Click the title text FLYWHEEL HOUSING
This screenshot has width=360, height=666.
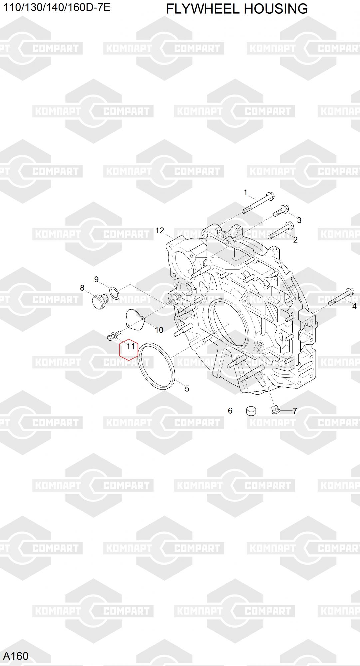(237, 9)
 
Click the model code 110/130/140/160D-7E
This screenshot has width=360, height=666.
(57, 7)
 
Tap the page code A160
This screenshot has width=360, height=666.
(16, 656)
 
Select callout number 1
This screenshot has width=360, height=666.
(245, 192)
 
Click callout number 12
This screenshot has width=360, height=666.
(160, 230)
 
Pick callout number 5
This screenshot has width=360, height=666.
(187, 388)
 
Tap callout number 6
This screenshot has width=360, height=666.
(230, 411)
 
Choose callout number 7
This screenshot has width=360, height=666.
(295, 411)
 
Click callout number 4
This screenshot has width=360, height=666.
(354, 306)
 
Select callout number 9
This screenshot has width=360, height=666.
(96, 279)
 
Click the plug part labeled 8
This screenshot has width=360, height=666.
(99, 301)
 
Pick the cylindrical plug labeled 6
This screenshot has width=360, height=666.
(252, 411)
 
